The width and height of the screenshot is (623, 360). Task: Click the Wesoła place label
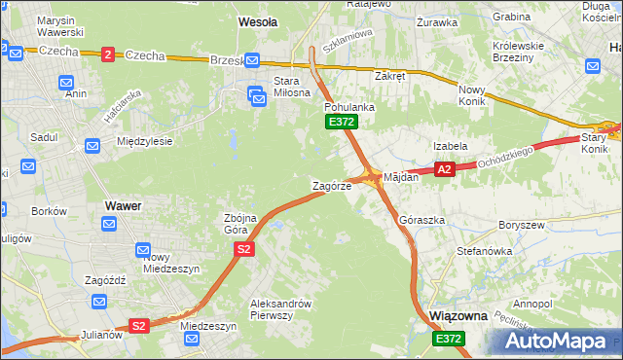pyautogui.click(x=258, y=20)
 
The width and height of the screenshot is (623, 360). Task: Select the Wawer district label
pyautogui.click(x=123, y=206)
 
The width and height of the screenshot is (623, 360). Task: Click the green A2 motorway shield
pyautogui.click(x=445, y=169)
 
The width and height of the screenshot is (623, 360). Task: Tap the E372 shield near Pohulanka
pyautogui.click(x=342, y=122)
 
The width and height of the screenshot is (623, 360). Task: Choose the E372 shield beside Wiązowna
pyautogui.click(x=449, y=338)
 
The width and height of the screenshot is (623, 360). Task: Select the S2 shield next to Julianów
pyautogui.click(x=139, y=326)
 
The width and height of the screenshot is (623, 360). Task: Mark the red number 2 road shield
pyautogui.click(x=106, y=54)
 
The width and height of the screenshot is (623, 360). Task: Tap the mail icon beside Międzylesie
pyautogui.click(x=92, y=146)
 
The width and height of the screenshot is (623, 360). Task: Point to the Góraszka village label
pyautogui.click(x=422, y=220)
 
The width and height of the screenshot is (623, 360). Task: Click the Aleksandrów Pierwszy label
pyautogui.click(x=280, y=308)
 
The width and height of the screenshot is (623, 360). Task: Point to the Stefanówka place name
pyautogui.click(x=485, y=251)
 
